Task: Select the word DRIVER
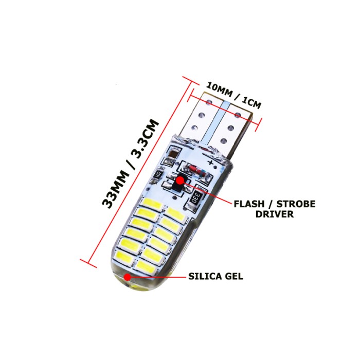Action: pyautogui.click(x=275, y=214)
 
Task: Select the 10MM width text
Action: pyautogui.click(x=219, y=89)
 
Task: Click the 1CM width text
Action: pyautogui.click(x=250, y=101)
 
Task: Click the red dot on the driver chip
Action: pyautogui.click(x=180, y=181)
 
